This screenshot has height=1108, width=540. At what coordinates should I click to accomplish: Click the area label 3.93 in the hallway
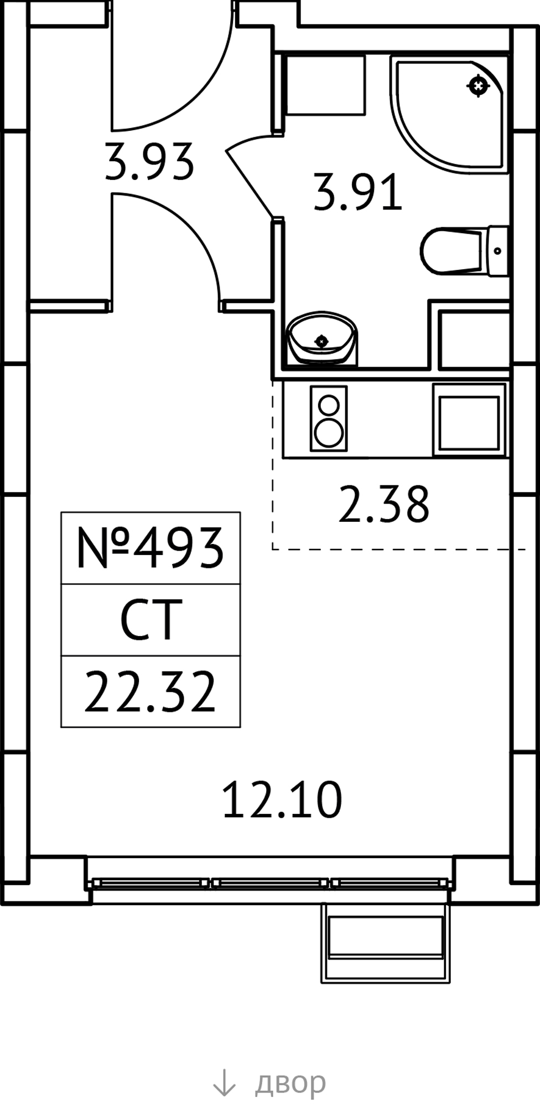149,161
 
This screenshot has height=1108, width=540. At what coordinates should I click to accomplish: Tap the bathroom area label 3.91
357,192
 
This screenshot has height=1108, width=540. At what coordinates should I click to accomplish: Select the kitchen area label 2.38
383,504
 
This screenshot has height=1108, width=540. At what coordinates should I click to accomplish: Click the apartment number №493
150,548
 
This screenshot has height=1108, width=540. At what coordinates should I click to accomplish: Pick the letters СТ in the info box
151,620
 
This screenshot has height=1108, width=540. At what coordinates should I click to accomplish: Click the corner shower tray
449,114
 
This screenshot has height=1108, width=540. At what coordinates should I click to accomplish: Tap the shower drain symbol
479,86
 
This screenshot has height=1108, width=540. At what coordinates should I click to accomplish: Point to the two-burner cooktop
329,418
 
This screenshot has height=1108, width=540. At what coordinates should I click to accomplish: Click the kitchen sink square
470,419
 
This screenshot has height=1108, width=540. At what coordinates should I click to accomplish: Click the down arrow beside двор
224,1083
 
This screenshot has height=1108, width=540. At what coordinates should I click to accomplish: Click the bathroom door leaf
250,177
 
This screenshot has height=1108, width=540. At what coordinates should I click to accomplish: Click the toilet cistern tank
497,250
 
